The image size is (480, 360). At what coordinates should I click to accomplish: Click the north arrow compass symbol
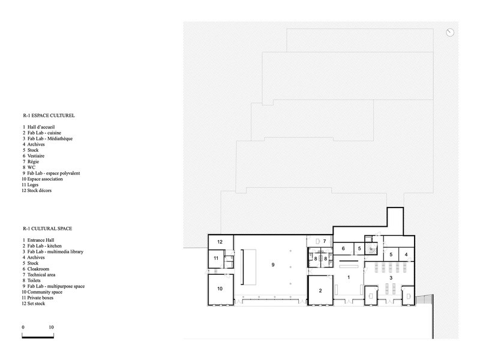coord(449,32)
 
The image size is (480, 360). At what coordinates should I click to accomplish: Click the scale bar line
coord(38,337)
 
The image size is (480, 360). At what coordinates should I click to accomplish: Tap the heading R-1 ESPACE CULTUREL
coord(49,115)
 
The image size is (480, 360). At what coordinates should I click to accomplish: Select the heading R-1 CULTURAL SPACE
coord(47,229)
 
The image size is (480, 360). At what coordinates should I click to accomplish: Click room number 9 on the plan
coord(273,265)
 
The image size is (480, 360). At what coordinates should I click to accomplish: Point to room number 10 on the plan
coord(220,289)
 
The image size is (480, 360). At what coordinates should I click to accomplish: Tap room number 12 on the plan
coord(220,242)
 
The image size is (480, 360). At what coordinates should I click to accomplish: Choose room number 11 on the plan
coord(216,258)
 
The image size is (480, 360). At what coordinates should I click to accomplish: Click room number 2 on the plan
coord(320,290)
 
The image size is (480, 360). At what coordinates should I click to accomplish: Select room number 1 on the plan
coord(349,277)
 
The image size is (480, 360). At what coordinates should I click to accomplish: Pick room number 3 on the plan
coord(391,278)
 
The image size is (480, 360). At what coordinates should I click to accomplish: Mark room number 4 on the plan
coord(406,254)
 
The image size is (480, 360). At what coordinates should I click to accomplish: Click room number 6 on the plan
coord(343,248)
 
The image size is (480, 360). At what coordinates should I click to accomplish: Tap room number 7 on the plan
coord(325,241)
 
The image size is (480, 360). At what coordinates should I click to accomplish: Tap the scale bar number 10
coord(51,327)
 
